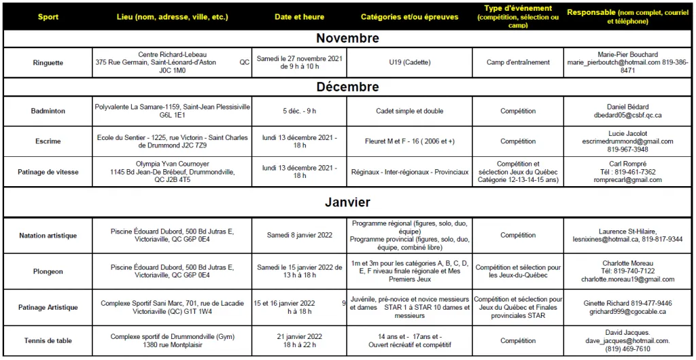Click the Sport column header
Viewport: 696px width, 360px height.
(x=48, y=17)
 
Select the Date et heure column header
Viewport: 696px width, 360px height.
(x=299, y=17)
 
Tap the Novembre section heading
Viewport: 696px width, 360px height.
(x=347, y=39)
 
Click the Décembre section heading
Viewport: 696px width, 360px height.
(x=347, y=87)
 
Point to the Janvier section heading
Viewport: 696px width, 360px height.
(x=347, y=202)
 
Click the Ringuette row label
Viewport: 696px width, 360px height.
(x=48, y=62)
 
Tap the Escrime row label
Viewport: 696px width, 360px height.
(x=48, y=141)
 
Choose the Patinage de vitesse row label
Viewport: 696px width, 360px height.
(x=48, y=172)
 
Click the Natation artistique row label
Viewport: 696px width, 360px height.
(x=48, y=236)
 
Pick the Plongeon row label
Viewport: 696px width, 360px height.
(x=48, y=272)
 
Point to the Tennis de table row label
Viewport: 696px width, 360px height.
(x=48, y=341)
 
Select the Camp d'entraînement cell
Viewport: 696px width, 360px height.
(x=518, y=62)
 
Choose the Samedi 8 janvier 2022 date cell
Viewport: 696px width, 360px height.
(x=299, y=236)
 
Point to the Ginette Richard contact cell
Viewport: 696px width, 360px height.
(x=627, y=307)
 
